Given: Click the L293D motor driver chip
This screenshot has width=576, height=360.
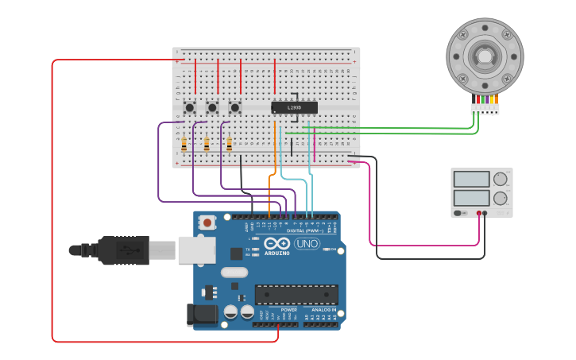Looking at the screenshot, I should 294,107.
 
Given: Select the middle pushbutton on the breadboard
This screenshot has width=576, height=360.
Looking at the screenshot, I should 212,107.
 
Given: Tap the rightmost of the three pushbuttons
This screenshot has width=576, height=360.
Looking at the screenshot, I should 234,107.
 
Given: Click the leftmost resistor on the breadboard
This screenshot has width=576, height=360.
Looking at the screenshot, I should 184,145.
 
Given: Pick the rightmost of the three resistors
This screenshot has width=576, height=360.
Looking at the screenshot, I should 230,145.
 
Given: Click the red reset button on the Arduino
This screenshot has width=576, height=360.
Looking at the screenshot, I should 207,223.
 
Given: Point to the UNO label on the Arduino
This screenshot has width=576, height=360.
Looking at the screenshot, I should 307,243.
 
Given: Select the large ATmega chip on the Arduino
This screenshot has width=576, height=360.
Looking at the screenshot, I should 296,294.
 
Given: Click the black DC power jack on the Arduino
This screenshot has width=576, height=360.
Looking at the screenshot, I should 203,315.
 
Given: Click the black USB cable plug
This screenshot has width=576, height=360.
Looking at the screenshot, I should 123,250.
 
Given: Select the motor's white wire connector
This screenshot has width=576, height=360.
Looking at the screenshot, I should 485,109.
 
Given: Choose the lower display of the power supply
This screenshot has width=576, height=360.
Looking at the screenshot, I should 472,198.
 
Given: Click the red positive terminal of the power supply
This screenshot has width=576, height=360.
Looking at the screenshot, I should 478,213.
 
